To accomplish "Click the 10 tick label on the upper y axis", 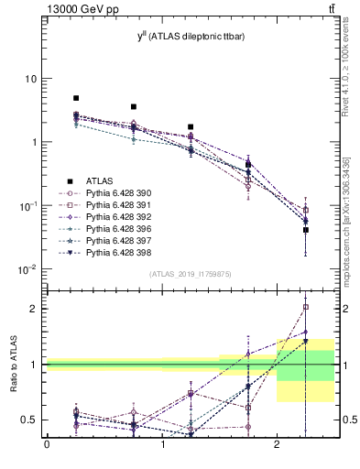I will pos(30,79).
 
